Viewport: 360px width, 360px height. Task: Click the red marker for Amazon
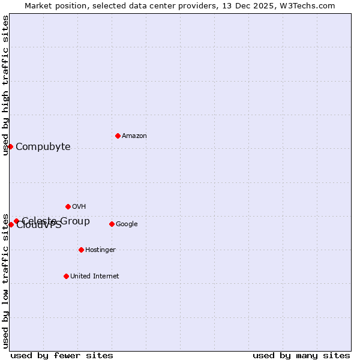(118, 136)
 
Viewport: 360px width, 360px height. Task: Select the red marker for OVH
(68, 206)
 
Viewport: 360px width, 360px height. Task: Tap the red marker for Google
(112, 224)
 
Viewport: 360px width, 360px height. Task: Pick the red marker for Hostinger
(81, 250)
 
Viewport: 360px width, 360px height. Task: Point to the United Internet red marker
(66, 276)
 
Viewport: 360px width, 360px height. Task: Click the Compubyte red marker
(10, 146)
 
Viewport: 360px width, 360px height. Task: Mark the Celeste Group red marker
(17, 221)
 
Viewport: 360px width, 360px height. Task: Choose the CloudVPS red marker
(11, 224)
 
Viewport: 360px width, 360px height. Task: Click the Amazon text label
(134, 136)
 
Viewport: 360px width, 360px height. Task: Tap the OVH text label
(79, 207)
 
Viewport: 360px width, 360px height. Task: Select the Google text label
(127, 224)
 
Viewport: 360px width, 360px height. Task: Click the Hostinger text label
(100, 250)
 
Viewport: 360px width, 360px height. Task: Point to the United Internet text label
(95, 277)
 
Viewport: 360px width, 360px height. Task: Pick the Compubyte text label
(43, 147)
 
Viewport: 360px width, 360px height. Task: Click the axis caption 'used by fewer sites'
(62, 355)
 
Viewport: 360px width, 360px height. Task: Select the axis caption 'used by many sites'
(301, 355)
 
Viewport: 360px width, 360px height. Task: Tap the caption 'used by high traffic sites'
(5, 85)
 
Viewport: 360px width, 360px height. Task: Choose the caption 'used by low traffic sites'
(5, 281)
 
